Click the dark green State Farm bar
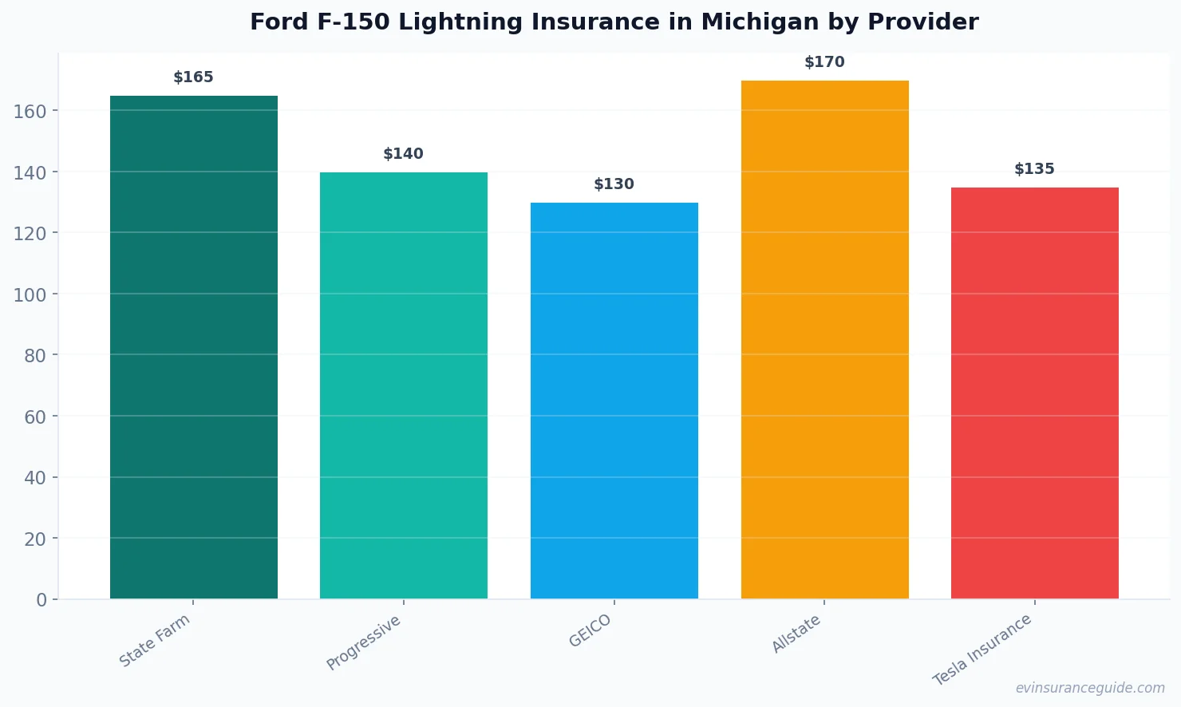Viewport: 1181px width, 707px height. click(194, 347)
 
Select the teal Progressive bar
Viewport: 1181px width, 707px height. click(404, 385)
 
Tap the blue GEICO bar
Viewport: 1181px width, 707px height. click(614, 401)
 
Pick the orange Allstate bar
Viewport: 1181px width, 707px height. click(824, 339)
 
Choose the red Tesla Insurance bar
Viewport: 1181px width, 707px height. click(1035, 393)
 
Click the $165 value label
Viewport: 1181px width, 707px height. click(194, 77)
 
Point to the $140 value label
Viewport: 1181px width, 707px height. click(404, 154)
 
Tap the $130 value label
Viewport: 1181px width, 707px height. click(614, 184)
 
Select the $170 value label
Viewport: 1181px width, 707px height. click(824, 62)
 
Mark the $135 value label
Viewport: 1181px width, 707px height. click(1035, 169)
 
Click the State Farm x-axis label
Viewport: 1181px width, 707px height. click(155, 641)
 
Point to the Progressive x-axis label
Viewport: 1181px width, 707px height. click(364, 643)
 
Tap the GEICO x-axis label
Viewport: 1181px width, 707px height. click(590, 631)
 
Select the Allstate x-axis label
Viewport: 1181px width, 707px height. click(796, 634)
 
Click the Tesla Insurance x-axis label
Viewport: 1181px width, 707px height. click(983, 650)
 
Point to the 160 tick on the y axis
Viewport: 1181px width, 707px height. click(30, 111)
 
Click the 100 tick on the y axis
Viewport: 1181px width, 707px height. click(30, 294)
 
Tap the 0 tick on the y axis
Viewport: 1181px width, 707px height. click(41, 600)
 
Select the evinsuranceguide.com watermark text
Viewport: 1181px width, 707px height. click(1090, 688)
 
